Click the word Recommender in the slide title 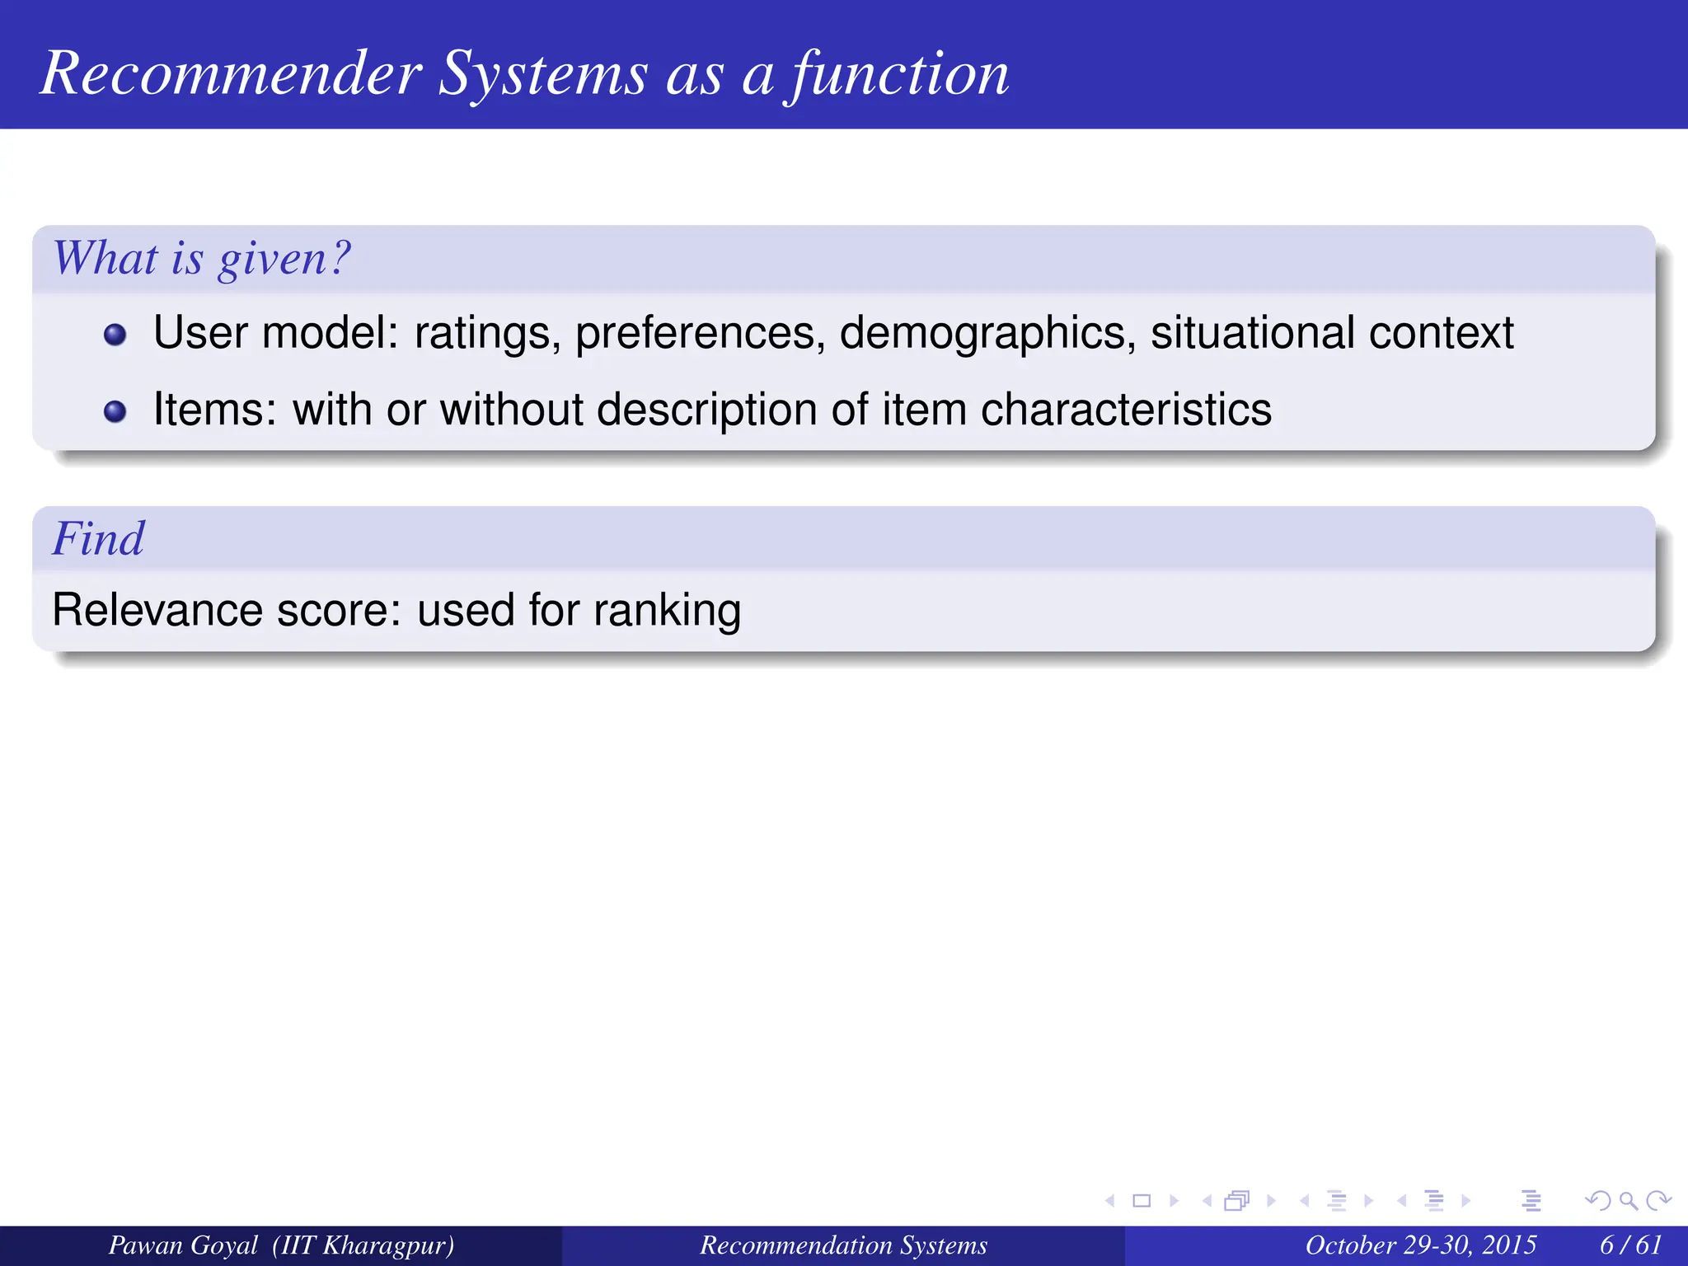[x=232, y=74]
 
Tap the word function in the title [x=899, y=74]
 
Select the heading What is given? [x=202, y=259]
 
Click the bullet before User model [x=115, y=335]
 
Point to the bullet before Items [x=115, y=411]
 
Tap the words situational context [x=1331, y=333]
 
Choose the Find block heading [x=98, y=540]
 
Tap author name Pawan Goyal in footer [x=183, y=1245]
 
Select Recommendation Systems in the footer [x=843, y=1245]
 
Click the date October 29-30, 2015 [x=1420, y=1245]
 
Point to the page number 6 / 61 [x=1630, y=1245]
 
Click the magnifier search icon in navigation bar [x=1628, y=1201]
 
